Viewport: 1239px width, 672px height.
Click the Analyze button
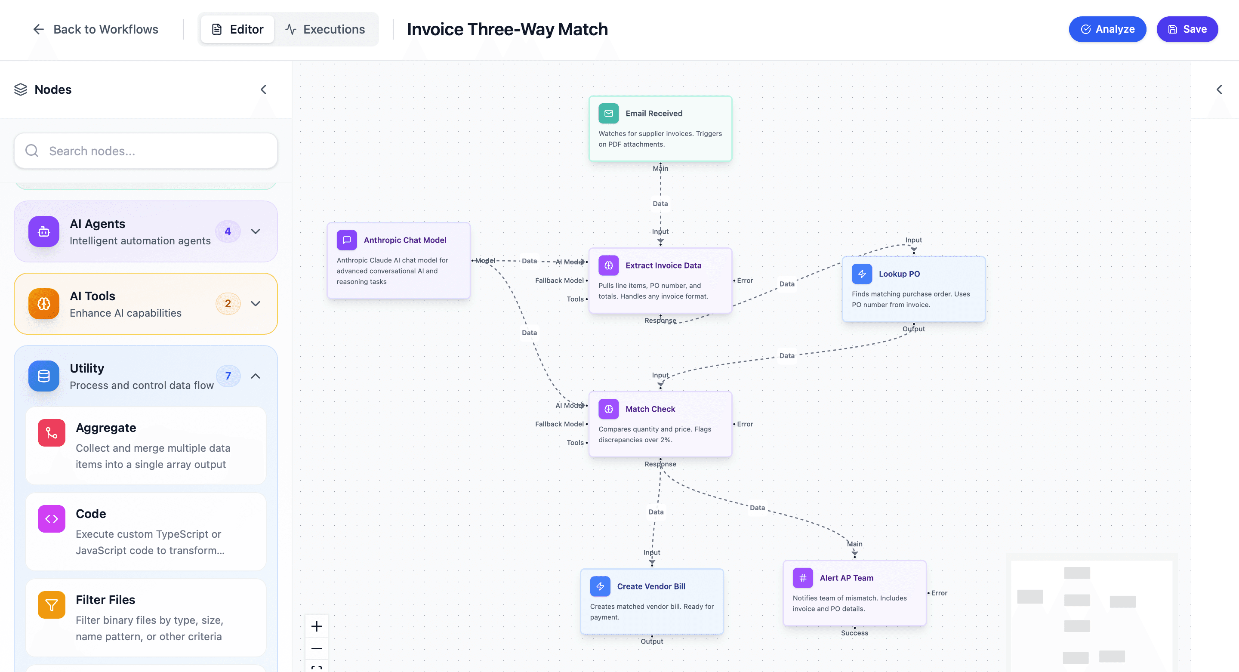1107,29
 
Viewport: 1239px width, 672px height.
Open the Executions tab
326,29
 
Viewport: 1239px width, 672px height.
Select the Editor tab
237,29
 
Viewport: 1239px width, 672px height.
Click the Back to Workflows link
95,29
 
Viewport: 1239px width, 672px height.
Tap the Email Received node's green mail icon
608,114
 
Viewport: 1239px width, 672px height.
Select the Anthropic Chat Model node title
404,240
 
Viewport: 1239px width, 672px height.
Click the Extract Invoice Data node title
663,265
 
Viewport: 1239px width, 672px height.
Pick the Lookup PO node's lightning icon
861,274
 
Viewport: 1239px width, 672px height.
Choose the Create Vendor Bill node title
651,586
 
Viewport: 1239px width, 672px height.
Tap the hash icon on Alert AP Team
802,578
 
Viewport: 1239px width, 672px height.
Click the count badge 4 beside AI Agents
228,231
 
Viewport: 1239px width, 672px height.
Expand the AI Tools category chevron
256,304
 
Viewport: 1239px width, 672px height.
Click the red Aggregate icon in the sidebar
52,433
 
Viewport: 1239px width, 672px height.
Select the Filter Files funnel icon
52,604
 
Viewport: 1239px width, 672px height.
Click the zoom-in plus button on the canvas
317,626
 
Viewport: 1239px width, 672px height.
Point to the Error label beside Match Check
745,424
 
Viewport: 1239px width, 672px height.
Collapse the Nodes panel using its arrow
263,89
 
